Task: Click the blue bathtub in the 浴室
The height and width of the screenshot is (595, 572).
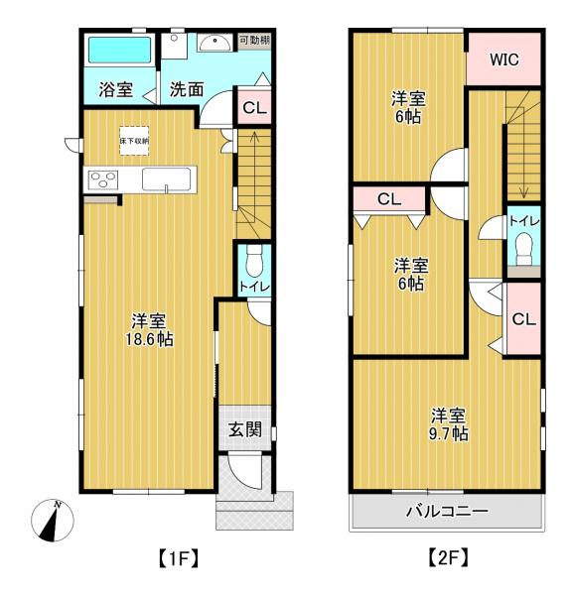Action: click(x=120, y=51)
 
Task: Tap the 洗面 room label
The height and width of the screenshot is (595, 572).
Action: click(x=187, y=89)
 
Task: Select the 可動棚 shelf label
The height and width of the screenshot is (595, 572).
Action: click(x=254, y=41)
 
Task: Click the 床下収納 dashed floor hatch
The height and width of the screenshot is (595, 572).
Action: click(x=134, y=141)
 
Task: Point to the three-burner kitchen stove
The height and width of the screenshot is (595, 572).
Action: click(x=103, y=180)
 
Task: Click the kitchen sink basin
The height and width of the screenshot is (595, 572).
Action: click(x=166, y=179)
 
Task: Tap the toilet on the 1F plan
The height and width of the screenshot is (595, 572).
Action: click(x=254, y=261)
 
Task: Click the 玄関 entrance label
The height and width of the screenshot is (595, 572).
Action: click(x=245, y=430)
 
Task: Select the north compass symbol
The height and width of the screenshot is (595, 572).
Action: click(x=53, y=521)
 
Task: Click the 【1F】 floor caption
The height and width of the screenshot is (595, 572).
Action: click(x=178, y=558)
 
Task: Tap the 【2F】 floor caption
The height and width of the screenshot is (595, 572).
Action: click(x=448, y=558)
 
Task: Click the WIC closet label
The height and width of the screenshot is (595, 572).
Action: click(x=503, y=59)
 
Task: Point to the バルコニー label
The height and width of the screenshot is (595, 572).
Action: click(x=447, y=512)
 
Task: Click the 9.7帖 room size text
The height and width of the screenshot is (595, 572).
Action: click(x=449, y=433)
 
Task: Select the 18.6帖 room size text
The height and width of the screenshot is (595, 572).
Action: click(x=149, y=339)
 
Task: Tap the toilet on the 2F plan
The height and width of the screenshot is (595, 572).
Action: click(x=524, y=248)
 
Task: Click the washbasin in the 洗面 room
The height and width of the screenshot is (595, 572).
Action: click(x=214, y=43)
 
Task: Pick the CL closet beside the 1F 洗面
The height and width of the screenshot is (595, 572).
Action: click(x=254, y=107)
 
